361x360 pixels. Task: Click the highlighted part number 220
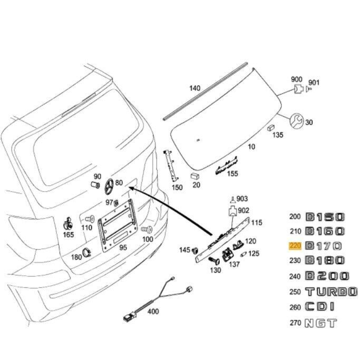pyautogui.click(x=295, y=246)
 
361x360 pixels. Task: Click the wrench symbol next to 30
pyautogui.click(x=296, y=121)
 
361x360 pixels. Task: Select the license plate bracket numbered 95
pyautogui.click(x=118, y=224)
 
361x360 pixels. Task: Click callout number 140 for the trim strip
pyautogui.click(x=195, y=88)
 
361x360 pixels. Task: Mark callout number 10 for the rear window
pyautogui.click(x=251, y=146)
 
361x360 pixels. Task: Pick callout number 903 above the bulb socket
pyautogui.click(x=242, y=198)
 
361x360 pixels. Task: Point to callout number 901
pyautogui.click(x=314, y=82)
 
